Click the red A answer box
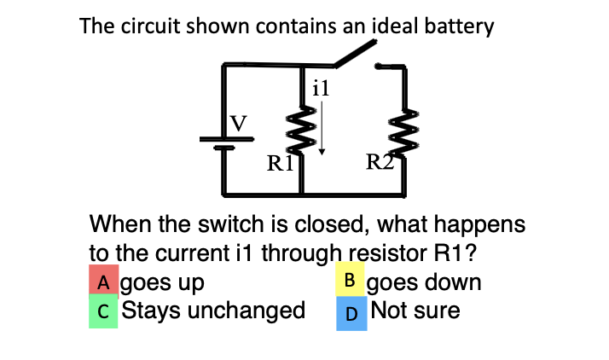[104, 282]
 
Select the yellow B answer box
[350, 280]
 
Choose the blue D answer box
[351, 312]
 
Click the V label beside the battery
[241, 125]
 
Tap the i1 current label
[321, 86]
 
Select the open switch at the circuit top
[354, 55]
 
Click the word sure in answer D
[437, 311]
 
